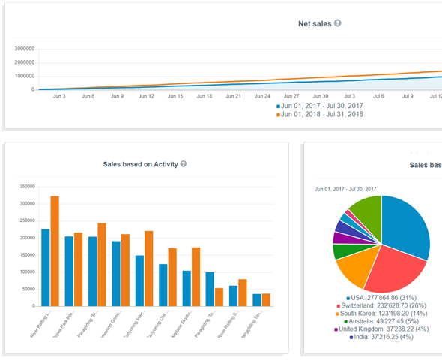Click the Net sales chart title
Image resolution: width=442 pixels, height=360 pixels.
pyautogui.click(x=315, y=23)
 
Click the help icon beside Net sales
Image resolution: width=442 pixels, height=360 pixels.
pyautogui.click(x=338, y=23)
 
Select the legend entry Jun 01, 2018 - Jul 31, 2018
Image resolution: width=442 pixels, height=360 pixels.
pyautogui.click(x=323, y=115)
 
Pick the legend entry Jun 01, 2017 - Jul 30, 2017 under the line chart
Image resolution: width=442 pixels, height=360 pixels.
pyautogui.click(x=323, y=106)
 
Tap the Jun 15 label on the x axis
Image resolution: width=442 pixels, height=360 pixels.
pyautogui.click(x=175, y=97)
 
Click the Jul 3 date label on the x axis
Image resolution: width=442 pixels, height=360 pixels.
pyautogui.click(x=350, y=97)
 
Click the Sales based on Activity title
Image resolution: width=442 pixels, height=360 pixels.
pyautogui.click(x=140, y=164)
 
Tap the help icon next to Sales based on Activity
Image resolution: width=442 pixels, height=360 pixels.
pyautogui.click(x=184, y=164)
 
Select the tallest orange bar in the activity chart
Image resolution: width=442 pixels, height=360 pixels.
pyautogui.click(x=55, y=250)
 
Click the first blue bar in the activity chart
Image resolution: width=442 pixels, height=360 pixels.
pyautogui.click(x=46, y=267)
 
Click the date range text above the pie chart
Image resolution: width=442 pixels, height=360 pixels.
pyautogui.click(x=346, y=189)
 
